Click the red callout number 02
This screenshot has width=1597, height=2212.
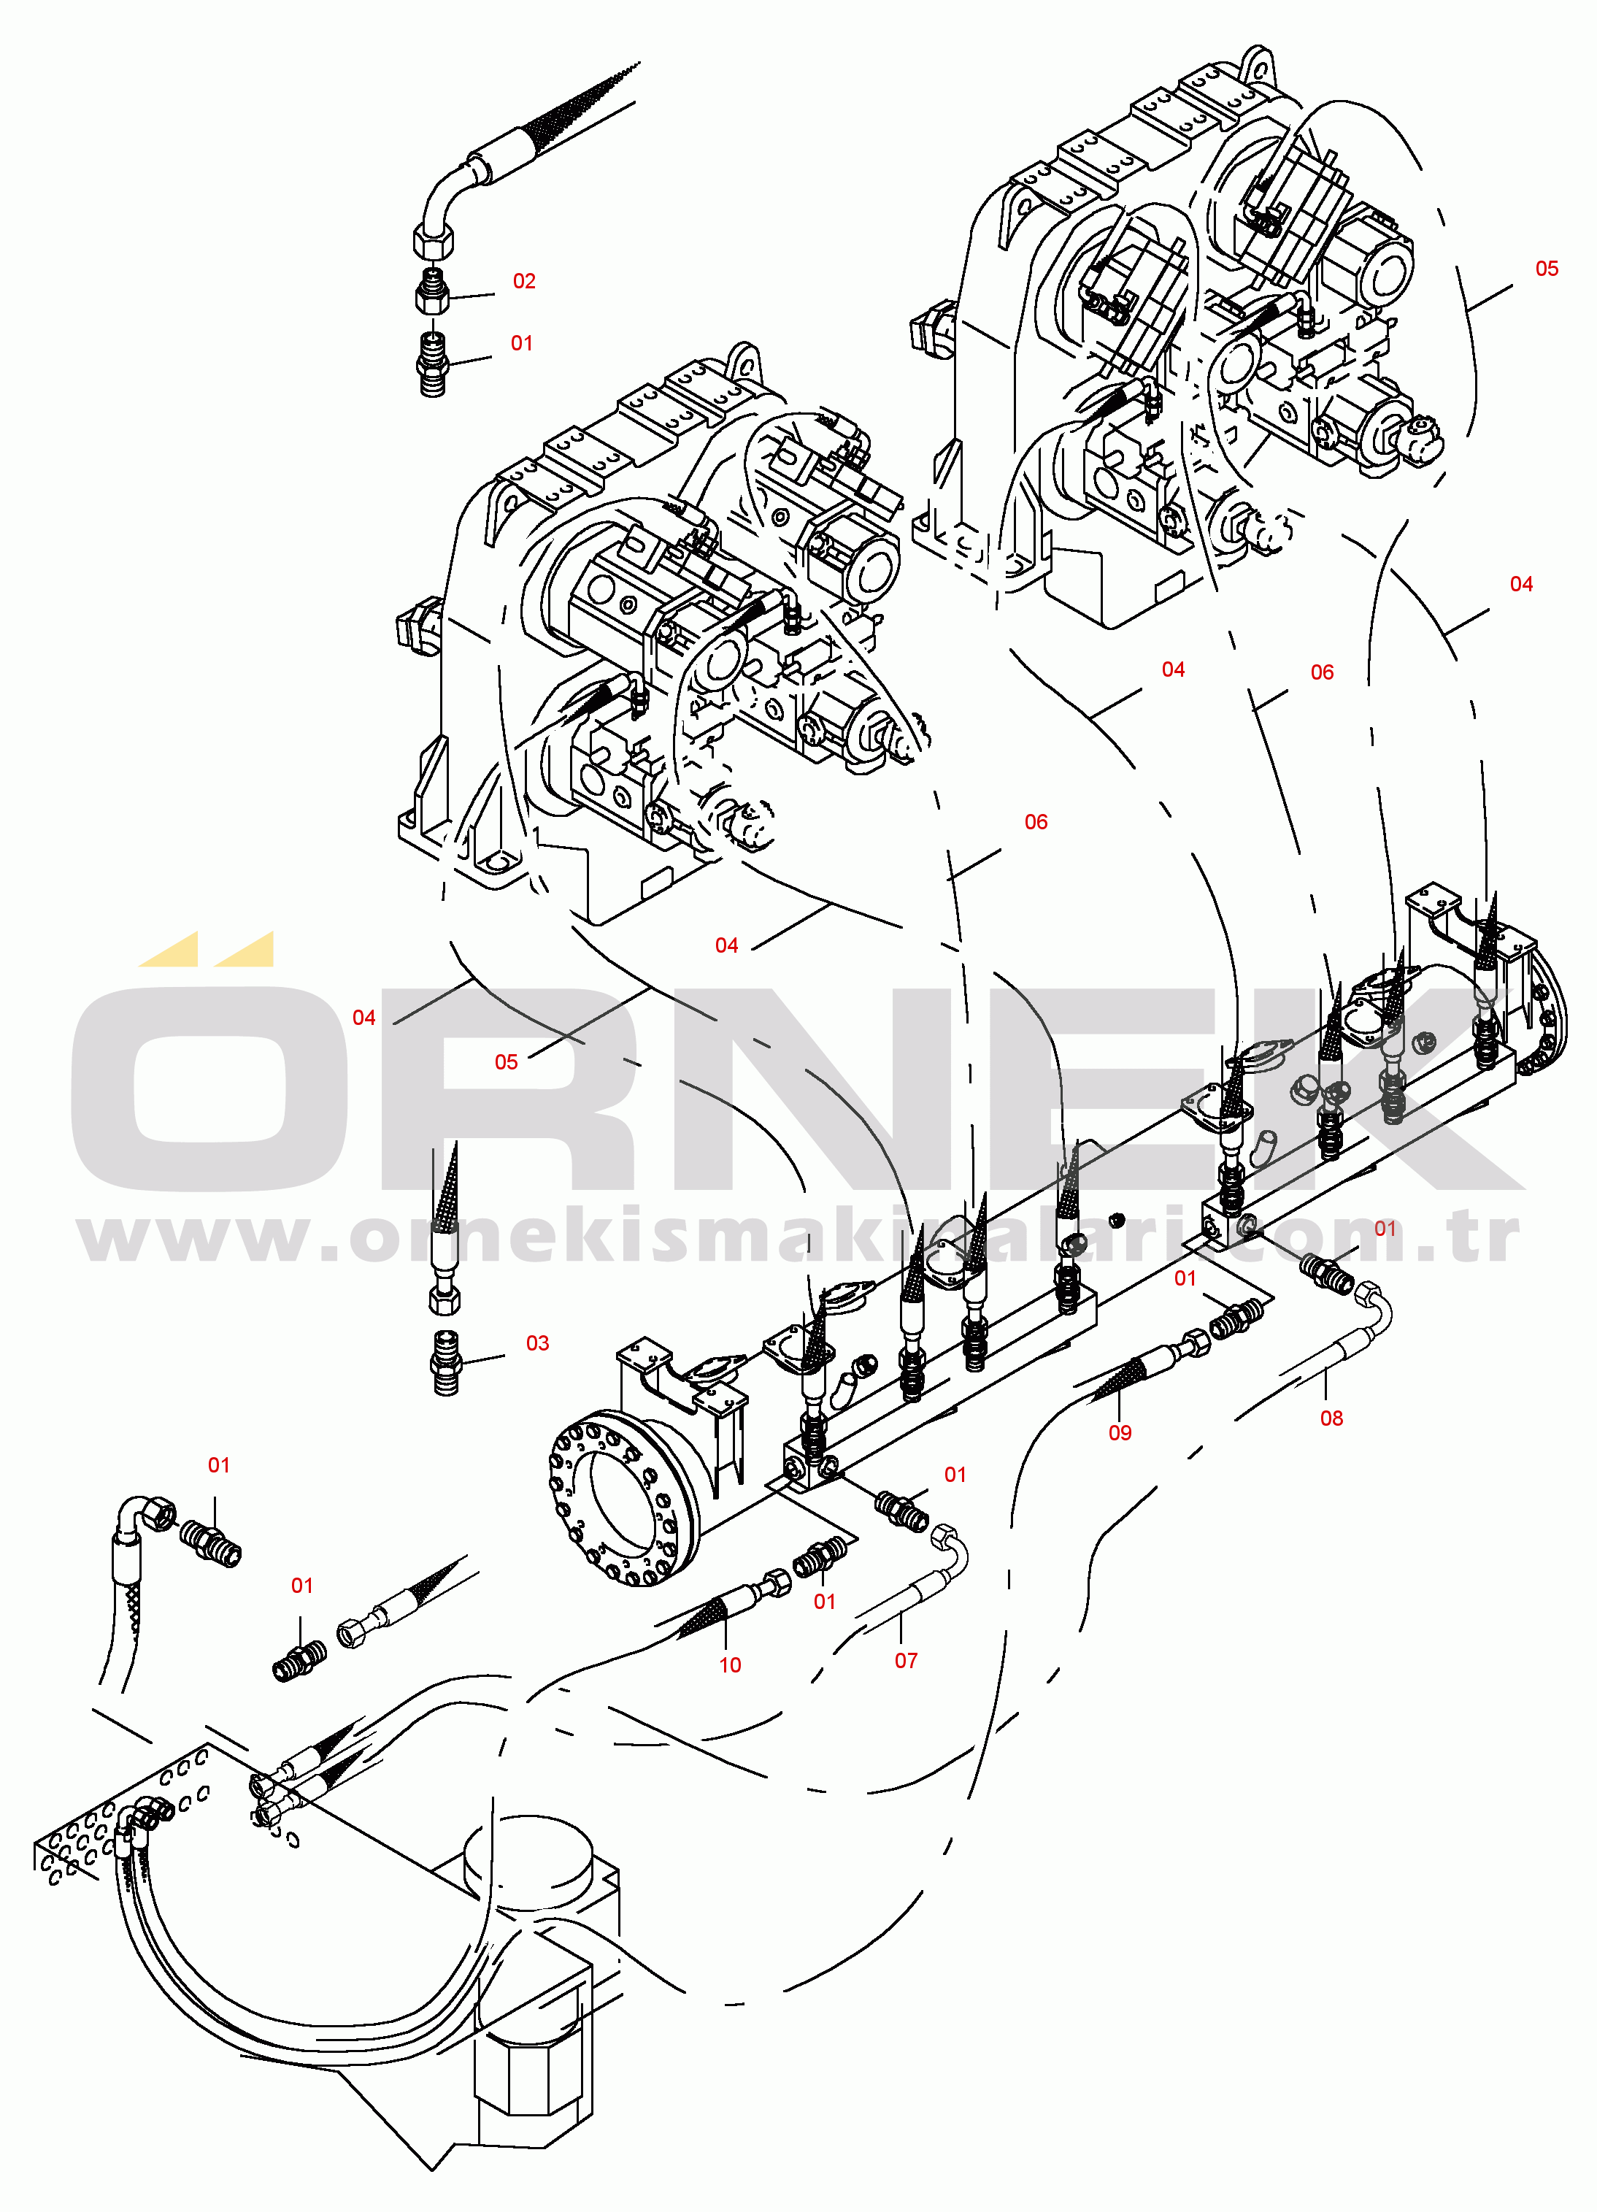click(x=525, y=281)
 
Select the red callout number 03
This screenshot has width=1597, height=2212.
click(x=537, y=1343)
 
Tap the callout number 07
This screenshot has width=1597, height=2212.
click(x=906, y=1660)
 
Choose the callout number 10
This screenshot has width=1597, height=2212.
click(x=730, y=1665)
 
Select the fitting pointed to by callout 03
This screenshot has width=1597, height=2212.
click(x=445, y=1362)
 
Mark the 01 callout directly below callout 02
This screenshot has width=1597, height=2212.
click(x=522, y=343)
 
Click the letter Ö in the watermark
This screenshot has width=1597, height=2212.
click(x=209, y=1083)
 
